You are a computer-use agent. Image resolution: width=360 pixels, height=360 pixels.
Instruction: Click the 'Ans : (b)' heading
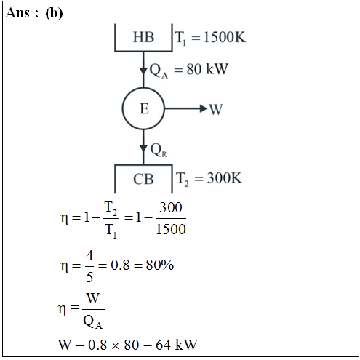[x=34, y=13]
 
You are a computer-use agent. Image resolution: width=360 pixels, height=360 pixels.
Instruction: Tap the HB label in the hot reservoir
[x=143, y=37]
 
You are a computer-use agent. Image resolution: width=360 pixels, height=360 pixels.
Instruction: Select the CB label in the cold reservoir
[x=143, y=179]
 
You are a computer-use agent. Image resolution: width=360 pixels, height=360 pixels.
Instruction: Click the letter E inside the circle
[x=144, y=108]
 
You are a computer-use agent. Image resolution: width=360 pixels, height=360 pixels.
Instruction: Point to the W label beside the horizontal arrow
[x=215, y=109]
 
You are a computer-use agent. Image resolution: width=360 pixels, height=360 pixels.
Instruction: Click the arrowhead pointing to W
[x=204, y=108]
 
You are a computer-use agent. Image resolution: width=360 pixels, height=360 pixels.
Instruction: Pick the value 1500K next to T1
[x=225, y=37]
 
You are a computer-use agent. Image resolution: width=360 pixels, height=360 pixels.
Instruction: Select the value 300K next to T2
[x=225, y=178]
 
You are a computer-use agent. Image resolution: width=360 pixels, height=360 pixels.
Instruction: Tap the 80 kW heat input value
[x=207, y=69]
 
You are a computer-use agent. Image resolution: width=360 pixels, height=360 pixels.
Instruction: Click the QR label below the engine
[x=159, y=150]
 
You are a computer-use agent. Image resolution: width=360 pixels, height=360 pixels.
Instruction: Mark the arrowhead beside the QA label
[x=143, y=71]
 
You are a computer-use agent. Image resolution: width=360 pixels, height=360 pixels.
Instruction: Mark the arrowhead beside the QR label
[x=143, y=148]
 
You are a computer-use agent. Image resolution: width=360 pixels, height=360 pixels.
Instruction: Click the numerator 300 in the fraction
[x=171, y=207]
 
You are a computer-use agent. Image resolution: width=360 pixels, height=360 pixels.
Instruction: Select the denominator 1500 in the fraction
[x=171, y=229]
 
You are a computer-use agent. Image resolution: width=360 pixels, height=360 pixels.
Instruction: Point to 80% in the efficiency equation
[x=160, y=265]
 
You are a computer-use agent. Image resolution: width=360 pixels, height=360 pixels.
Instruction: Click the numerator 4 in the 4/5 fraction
[x=89, y=255]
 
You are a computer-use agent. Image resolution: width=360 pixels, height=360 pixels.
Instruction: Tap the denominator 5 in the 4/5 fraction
[x=89, y=277]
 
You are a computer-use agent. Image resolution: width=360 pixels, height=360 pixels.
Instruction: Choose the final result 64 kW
[x=177, y=345]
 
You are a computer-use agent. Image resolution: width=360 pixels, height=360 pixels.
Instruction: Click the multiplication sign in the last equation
[x=116, y=345]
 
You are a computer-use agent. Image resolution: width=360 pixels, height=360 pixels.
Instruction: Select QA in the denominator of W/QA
[x=93, y=322]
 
